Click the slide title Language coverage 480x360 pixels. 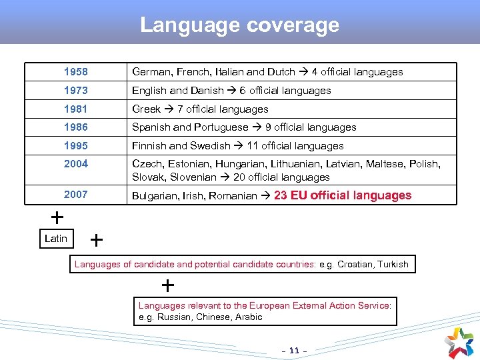(x=239, y=25)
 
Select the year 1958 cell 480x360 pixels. (x=75, y=72)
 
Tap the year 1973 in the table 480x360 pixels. (x=75, y=91)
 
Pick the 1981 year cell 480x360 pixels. (x=75, y=109)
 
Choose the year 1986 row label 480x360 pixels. (x=75, y=127)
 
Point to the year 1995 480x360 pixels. (x=75, y=146)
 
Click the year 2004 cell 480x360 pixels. (x=75, y=164)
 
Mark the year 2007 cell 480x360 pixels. (x=75, y=195)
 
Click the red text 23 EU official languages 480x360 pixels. (x=343, y=195)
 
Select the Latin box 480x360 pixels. (x=56, y=239)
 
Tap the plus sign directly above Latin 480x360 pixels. (x=58, y=217)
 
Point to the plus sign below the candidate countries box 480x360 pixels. (x=168, y=286)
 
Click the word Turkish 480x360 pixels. (x=393, y=265)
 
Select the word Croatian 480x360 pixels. (x=356, y=265)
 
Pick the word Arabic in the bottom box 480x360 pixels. (x=249, y=317)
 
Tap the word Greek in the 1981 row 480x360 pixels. (x=146, y=109)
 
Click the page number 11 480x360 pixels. (x=295, y=349)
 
